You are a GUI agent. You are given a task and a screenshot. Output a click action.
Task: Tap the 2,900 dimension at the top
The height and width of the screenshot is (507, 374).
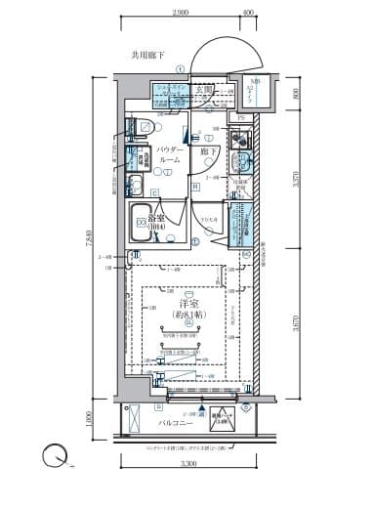coord(179,12)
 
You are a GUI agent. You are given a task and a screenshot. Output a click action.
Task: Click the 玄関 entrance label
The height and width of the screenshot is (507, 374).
coord(204,88)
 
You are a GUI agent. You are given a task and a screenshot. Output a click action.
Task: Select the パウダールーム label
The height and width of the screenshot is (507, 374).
coord(167,155)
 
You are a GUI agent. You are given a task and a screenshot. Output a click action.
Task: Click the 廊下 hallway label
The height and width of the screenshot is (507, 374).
coord(208,152)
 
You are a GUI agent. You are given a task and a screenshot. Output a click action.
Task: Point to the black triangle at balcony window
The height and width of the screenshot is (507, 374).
coord(202,410)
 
